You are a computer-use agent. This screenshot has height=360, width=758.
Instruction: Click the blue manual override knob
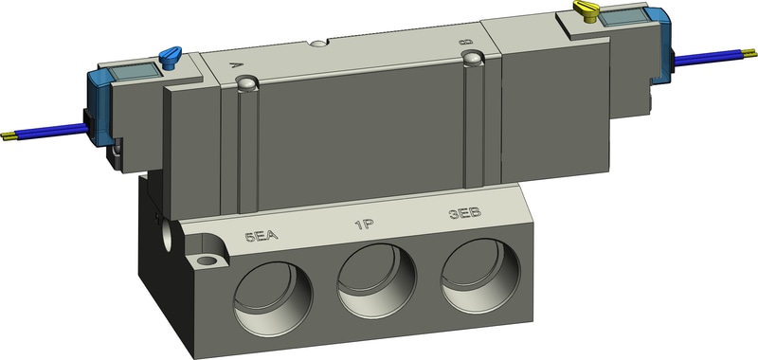171,58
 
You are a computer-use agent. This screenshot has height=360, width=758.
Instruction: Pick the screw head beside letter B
471,60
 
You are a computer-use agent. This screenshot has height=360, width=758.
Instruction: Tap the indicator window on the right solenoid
626,20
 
